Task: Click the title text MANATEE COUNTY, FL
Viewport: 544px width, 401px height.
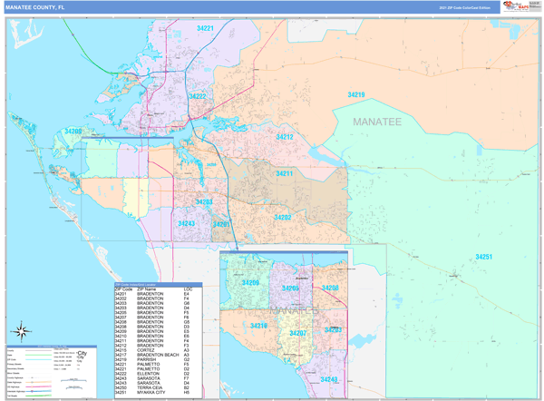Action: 36,7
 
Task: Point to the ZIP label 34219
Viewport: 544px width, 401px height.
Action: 356,95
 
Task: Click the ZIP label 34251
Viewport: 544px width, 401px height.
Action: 484,257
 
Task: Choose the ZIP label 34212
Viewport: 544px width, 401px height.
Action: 285,137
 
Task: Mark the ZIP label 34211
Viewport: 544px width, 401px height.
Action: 284,173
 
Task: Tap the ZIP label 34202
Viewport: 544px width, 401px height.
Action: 283,218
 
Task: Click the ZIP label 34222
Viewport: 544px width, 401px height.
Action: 197,96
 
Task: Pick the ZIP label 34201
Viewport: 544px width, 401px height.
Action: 221,224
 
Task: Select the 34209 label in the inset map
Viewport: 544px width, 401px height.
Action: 250,283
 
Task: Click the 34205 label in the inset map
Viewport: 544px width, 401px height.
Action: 291,289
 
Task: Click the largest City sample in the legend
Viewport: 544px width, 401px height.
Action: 82,352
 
